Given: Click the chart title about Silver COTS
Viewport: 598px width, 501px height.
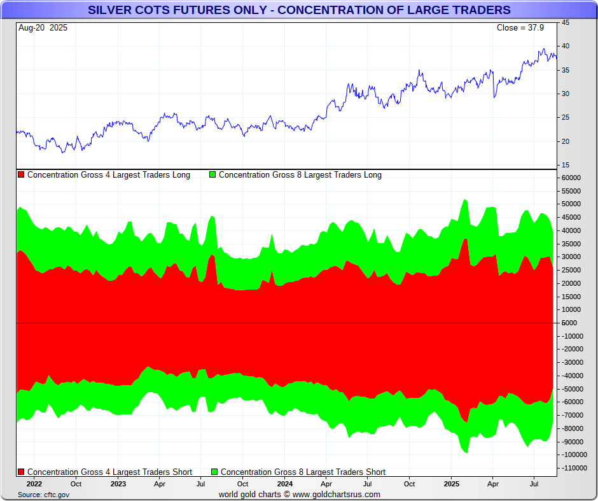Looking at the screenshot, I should coord(299,10).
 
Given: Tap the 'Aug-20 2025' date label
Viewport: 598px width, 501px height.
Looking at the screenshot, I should coord(43,28).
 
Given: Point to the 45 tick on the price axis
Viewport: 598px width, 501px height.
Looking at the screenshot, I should coord(565,23).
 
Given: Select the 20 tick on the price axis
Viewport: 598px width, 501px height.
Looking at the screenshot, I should coord(565,141).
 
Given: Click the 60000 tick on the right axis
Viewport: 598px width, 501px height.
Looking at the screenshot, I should coord(571,178).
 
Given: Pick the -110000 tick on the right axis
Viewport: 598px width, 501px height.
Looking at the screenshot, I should coord(573,468).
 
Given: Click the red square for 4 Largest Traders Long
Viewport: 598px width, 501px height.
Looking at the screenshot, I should coord(21,175).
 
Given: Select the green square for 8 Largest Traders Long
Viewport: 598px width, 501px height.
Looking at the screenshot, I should coord(212,175).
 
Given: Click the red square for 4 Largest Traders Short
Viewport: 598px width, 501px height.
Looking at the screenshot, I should coord(21,472).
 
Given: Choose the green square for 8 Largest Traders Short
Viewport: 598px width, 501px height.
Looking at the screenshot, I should coord(214,472).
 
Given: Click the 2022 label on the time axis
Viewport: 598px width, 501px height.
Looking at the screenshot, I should coord(34,483).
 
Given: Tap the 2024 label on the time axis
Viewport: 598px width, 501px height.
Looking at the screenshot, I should coord(285,483).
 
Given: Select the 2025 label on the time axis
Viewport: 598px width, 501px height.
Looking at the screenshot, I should coord(451,483).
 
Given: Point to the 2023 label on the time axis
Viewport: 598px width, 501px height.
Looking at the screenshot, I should coord(118,483).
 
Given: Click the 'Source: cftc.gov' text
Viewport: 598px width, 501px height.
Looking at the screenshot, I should coord(43,495).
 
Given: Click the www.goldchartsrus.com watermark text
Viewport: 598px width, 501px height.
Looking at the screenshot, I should coord(337,495).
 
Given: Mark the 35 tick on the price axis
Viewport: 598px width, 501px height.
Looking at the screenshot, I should coord(565,70).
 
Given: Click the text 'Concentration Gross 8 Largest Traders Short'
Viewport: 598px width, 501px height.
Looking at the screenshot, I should coord(303,472).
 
